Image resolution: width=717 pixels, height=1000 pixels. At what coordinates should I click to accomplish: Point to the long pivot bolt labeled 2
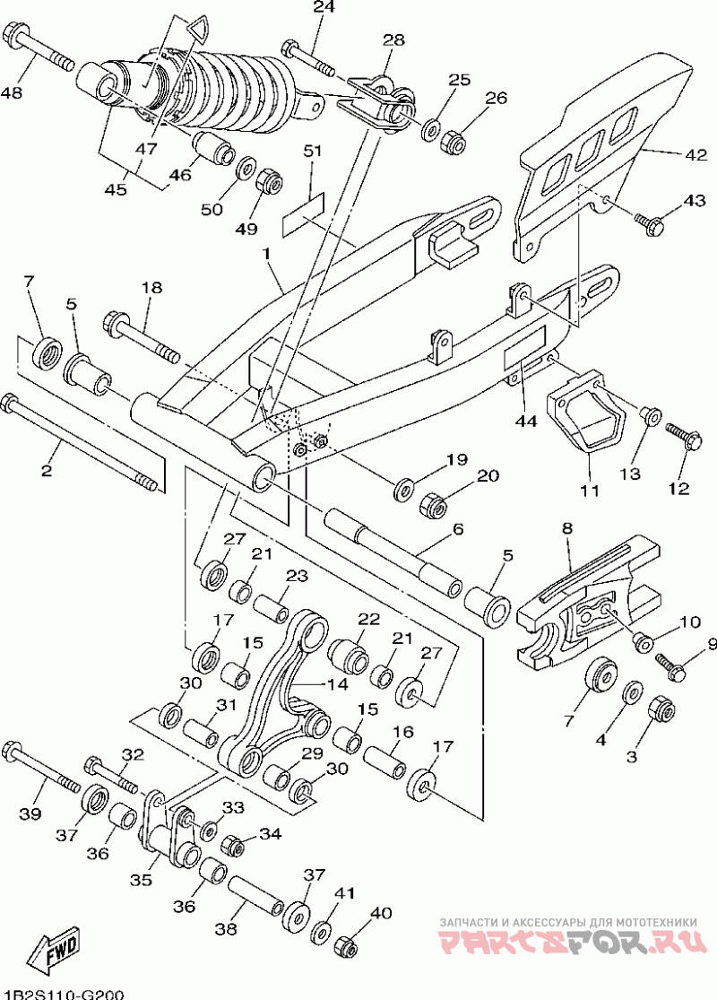tap(81, 443)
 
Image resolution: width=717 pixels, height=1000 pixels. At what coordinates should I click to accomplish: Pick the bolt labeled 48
tap(39, 46)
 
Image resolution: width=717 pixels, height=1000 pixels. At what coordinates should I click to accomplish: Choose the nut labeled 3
tap(661, 709)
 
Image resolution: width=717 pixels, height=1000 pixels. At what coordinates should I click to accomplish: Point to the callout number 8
tap(566, 528)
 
